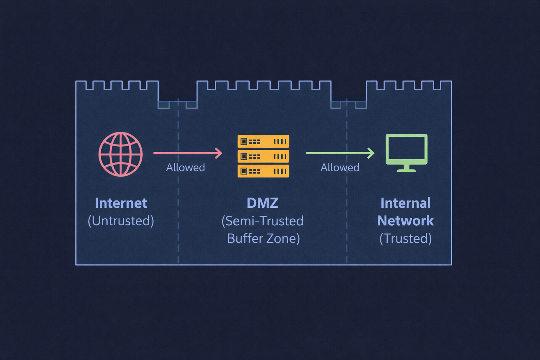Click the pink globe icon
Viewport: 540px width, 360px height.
[121, 154]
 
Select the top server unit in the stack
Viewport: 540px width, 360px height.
[263, 141]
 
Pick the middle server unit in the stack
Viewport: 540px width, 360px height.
[263, 156]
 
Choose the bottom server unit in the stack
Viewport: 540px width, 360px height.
[263, 171]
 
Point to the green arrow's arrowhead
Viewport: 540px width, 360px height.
[371, 153]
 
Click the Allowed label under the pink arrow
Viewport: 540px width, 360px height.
[185, 167]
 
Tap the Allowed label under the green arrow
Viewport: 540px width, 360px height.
[340, 167]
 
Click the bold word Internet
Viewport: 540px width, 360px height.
[121, 203]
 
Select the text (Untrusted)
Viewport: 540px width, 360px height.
[121, 221]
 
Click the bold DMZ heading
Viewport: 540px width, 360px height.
[262, 203]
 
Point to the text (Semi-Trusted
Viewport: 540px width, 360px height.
[262, 221]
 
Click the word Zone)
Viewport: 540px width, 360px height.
[283, 238]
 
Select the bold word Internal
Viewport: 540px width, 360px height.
[405, 203]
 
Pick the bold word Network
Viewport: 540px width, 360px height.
[405, 221]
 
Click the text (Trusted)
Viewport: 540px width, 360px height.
[405, 238]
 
